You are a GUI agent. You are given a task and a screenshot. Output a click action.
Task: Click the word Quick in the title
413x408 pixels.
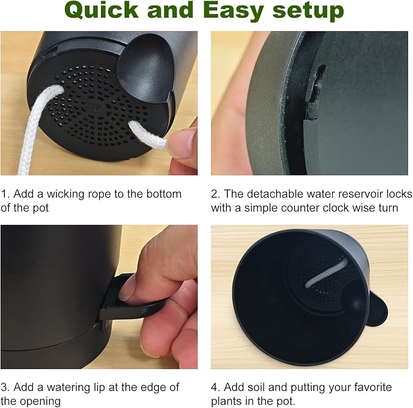coord(102,10)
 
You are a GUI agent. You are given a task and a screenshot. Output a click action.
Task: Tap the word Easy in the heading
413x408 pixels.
coord(234,11)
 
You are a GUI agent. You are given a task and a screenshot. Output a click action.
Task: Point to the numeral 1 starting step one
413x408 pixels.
coord(4,194)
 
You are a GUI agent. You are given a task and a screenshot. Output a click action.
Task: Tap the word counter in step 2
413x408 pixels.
coord(300,208)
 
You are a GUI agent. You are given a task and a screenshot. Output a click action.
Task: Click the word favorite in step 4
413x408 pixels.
coord(373,387)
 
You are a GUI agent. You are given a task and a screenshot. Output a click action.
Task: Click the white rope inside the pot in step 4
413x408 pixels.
coord(326,272)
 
